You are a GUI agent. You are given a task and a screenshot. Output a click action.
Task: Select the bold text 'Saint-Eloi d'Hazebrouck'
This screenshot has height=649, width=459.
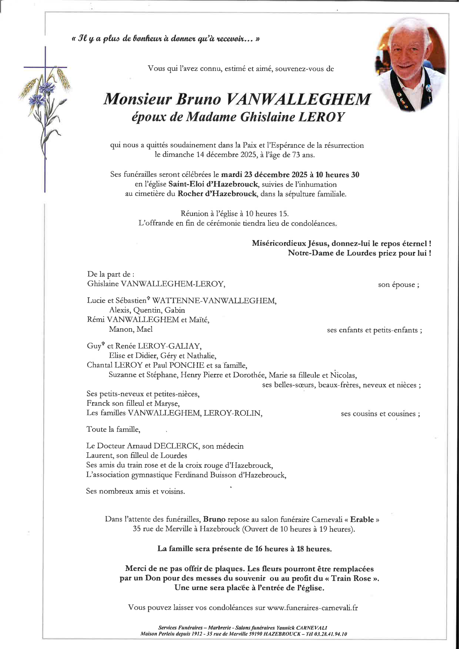(213, 184)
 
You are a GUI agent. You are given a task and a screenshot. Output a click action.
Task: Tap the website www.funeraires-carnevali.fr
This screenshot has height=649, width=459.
(312, 607)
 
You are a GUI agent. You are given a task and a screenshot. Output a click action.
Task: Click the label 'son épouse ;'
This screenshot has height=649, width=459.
(398, 285)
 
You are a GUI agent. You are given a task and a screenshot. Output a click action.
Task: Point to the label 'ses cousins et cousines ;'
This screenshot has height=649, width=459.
(380, 414)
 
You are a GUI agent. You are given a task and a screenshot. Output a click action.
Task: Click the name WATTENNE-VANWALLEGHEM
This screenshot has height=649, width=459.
(214, 301)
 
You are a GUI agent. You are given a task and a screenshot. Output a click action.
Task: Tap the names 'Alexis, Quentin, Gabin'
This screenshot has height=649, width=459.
(147, 310)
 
